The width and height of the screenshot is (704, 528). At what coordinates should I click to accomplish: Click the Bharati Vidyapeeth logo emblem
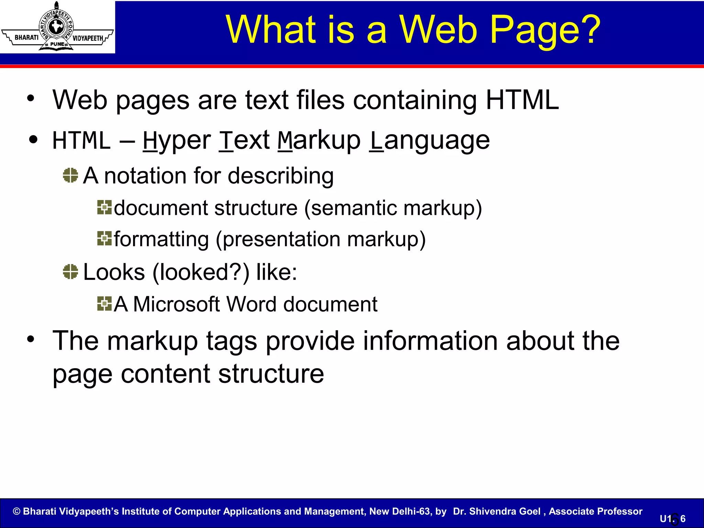[57, 27]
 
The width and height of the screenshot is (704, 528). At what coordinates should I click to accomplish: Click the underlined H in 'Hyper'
[150, 141]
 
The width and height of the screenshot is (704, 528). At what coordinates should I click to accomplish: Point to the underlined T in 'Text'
[226, 141]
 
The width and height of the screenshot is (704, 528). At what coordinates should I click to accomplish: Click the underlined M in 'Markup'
[285, 141]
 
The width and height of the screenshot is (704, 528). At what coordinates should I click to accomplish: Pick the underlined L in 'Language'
[376, 141]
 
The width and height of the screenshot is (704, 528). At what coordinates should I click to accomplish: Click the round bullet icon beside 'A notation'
[70, 175]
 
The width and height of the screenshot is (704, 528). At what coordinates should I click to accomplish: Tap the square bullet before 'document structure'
[104, 207]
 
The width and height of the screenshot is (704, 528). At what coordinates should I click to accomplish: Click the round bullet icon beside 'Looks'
[70, 272]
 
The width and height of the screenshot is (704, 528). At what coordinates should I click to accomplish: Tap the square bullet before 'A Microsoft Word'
[104, 304]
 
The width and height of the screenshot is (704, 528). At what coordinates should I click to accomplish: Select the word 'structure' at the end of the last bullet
[271, 374]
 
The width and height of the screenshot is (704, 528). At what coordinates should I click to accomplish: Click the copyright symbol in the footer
[16, 511]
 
